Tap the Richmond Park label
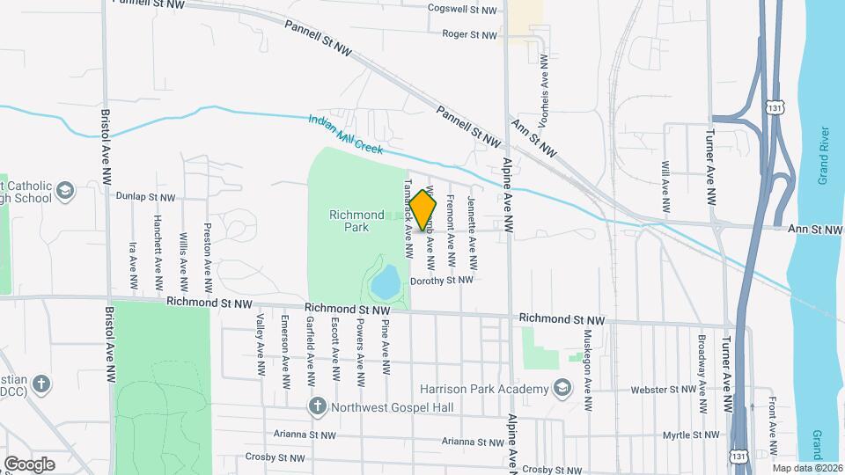(356, 221)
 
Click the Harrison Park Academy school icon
(561, 389)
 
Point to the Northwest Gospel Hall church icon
(317, 406)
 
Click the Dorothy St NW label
(442, 281)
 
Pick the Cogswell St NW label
(462, 10)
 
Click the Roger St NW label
(469, 35)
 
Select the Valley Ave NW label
(261, 347)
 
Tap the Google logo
(29, 464)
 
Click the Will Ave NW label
(667, 187)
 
